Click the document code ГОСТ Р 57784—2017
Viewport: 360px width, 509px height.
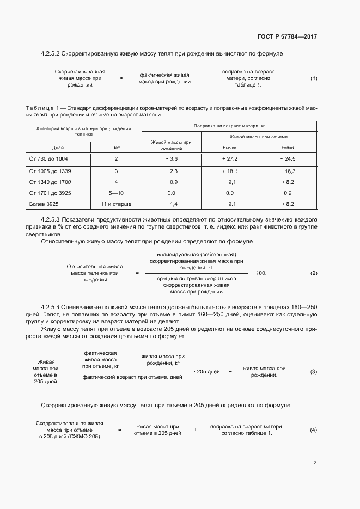(287, 36)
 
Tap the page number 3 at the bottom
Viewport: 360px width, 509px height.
(315, 463)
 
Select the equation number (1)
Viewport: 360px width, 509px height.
(314, 78)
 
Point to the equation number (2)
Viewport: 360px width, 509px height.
(314, 273)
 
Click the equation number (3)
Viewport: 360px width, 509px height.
(314, 371)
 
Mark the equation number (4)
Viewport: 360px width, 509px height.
(314, 430)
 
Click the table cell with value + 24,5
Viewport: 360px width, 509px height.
(288, 158)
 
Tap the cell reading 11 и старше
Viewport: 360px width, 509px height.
(116, 204)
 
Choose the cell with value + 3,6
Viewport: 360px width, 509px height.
(171, 158)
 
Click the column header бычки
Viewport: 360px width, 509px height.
(229, 148)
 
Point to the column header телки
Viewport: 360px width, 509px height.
(288, 148)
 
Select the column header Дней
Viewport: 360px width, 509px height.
(58, 148)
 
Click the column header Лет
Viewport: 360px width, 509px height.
(116, 148)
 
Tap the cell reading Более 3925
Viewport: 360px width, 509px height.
(44, 204)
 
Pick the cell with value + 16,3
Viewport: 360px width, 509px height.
(288, 170)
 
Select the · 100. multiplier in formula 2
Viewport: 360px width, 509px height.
(260, 273)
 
